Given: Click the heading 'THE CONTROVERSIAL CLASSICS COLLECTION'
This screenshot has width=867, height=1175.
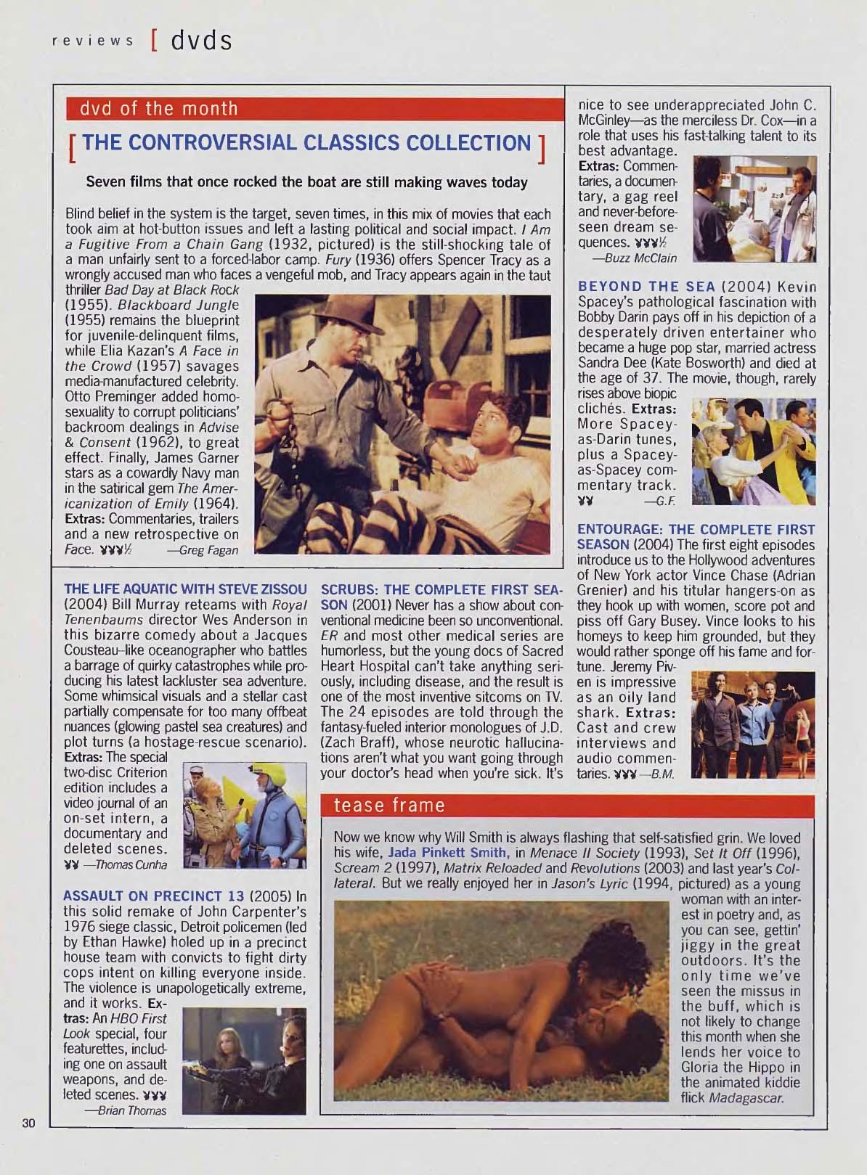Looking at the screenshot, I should pyautogui.click(x=308, y=143).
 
